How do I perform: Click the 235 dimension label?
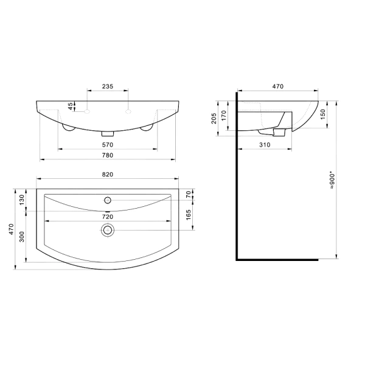pos(108,86)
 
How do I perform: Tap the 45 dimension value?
pos(71,106)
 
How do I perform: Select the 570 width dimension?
pos(108,145)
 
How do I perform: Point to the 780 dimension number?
pos(108,155)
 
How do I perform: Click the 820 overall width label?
pos(108,175)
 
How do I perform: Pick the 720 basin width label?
pos(108,217)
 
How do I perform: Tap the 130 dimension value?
pos(22,200)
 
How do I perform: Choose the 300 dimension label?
pos(22,237)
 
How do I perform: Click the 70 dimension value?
pos(189,194)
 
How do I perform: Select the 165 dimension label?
pos(189,215)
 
